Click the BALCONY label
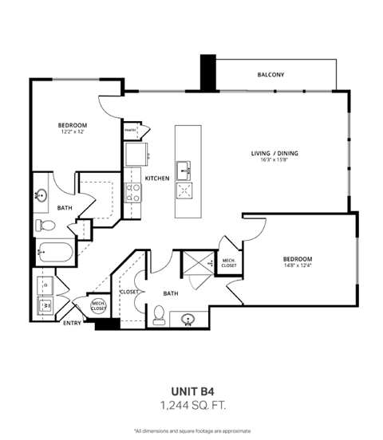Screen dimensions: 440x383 pos(270,75)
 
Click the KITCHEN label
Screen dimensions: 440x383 pos(156,178)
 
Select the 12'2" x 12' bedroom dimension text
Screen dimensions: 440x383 pos(72,132)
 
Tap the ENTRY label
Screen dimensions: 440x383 pos(72,323)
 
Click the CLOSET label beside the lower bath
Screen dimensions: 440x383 pos(129,292)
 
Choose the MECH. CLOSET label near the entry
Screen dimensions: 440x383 pos(98,305)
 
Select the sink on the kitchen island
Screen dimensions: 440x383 pos(185,167)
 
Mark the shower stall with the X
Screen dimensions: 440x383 pos(194,263)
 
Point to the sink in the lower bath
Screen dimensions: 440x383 pos(189,320)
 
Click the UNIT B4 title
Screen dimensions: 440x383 pos(191,391)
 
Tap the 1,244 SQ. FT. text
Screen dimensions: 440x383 pos(191,406)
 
